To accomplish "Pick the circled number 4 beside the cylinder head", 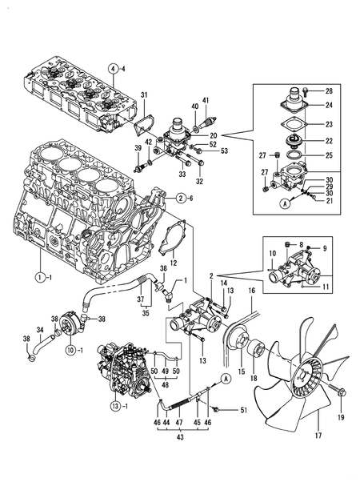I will pyautogui.click(x=114, y=68).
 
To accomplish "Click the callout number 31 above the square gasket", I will pyautogui.click(x=145, y=96).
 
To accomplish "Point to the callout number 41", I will pyautogui.click(x=206, y=100).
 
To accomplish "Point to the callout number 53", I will pyautogui.click(x=224, y=151).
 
